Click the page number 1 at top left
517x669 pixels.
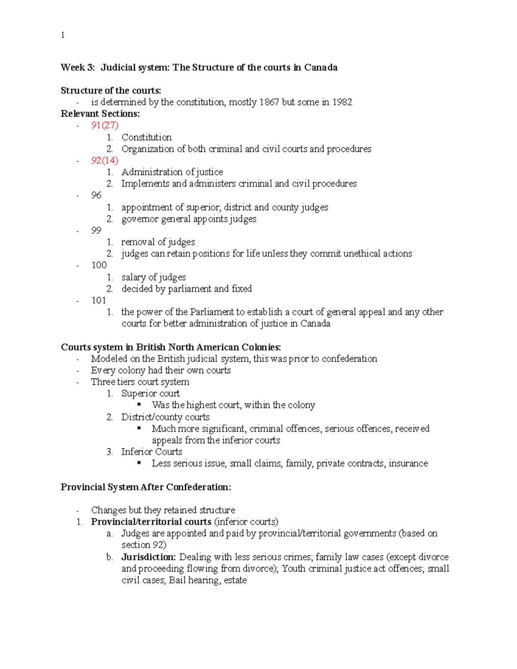click(63, 35)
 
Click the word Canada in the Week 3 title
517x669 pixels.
click(321, 67)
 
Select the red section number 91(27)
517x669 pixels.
click(105, 125)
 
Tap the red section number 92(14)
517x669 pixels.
click(105, 160)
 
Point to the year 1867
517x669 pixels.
click(269, 102)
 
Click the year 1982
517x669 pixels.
click(342, 102)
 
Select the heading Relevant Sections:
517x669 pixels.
click(100, 114)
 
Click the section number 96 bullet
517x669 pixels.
click(96, 195)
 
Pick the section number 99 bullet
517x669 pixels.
click(96, 230)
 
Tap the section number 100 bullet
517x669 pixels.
click(99, 265)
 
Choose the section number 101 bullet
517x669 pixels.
click(99, 300)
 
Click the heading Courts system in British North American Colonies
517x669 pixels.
click(171, 347)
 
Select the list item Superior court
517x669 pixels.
click(150, 393)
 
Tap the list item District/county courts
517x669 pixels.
click(165, 417)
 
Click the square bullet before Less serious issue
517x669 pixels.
click(139, 463)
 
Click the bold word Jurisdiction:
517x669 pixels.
click(148, 557)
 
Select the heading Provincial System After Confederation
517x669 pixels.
click(146, 487)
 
